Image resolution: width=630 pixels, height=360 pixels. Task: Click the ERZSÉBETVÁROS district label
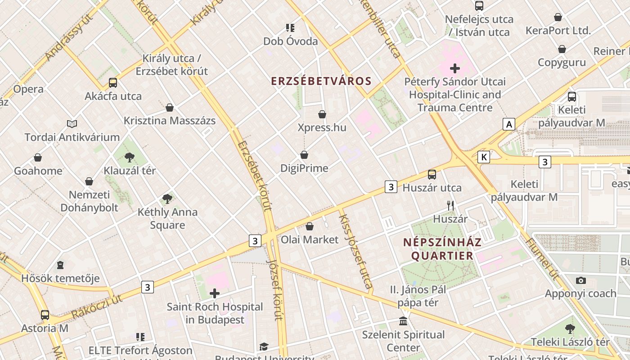(x=321, y=81)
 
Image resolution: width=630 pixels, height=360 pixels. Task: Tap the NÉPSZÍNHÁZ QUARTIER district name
(x=442, y=249)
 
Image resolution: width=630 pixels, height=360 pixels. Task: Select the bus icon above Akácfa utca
(x=113, y=83)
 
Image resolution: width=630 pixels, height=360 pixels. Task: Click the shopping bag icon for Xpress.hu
(x=322, y=114)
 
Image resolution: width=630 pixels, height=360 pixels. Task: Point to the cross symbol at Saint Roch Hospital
(x=215, y=294)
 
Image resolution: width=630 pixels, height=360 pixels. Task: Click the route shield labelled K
(x=484, y=157)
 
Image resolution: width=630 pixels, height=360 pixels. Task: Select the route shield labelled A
(x=509, y=124)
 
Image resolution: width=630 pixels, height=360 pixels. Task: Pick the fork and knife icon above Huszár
(x=450, y=206)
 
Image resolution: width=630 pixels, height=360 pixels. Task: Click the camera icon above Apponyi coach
(x=580, y=280)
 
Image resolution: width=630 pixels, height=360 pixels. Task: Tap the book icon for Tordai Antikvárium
(x=72, y=124)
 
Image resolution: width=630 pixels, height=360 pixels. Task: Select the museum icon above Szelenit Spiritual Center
(x=403, y=321)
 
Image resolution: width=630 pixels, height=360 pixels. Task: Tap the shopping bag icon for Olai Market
(x=310, y=226)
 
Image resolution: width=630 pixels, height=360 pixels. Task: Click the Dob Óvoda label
(x=290, y=41)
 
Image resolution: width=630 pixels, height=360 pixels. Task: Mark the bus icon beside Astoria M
(x=45, y=315)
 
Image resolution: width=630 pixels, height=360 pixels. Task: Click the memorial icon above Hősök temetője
(x=60, y=265)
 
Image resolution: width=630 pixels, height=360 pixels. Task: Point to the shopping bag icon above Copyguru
(x=562, y=49)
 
